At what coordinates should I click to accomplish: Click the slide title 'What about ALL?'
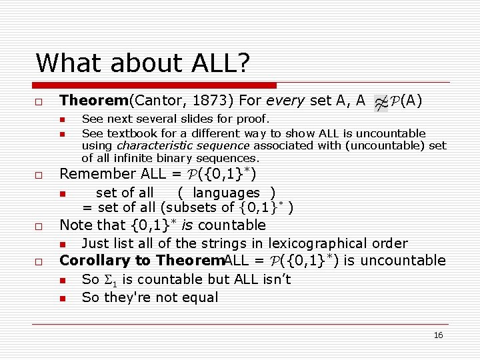coord(142,63)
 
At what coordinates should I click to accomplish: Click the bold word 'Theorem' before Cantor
coord(93,101)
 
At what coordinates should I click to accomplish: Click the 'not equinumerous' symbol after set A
coord(381,103)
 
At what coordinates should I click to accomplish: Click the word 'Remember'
coord(98,174)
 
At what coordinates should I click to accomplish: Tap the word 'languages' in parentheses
coord(226,193)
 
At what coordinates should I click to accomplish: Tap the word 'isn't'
coord(277,279)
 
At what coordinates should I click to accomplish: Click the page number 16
coord(438,335)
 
